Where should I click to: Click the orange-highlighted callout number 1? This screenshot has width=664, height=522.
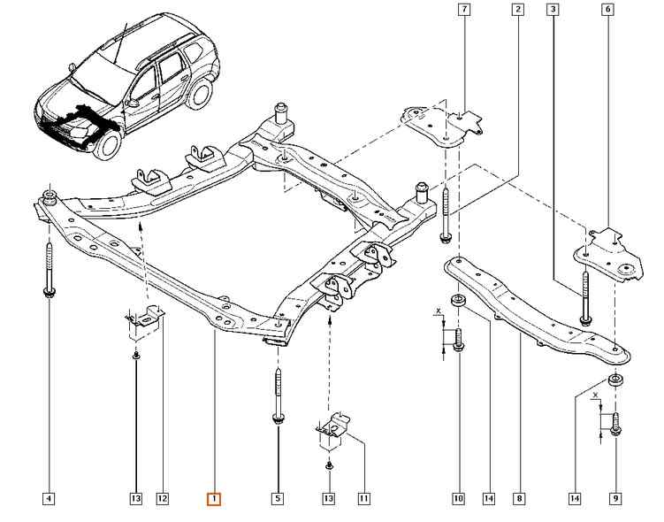click(214, 499)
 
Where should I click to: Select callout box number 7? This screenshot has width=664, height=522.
click(464, 9)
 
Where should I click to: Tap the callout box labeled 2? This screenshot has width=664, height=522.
click(518, 9)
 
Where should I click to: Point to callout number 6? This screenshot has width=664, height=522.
click(608, 9)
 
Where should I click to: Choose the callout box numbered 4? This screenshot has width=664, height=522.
click(49, 499)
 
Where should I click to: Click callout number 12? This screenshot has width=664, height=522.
click(163, 499)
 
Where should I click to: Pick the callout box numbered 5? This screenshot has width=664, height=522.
click(278, 499)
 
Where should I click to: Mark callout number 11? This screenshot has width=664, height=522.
click(363, 499)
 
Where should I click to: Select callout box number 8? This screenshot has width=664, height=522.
click(520, 499)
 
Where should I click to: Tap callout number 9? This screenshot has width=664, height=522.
click(615, 499)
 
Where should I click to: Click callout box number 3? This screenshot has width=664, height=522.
click(553, 9)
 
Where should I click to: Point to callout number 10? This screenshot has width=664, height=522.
click(459, 499)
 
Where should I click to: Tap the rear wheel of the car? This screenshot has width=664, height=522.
click(199, 94)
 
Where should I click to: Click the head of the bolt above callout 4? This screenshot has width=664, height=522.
click(50, 292)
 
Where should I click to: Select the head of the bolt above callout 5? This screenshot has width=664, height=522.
click(279, 418)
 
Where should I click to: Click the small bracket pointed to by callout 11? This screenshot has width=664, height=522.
click(333, 430)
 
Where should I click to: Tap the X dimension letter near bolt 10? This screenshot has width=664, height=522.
click(439, 311)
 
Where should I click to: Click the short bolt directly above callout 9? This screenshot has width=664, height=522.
click(615, 424)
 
